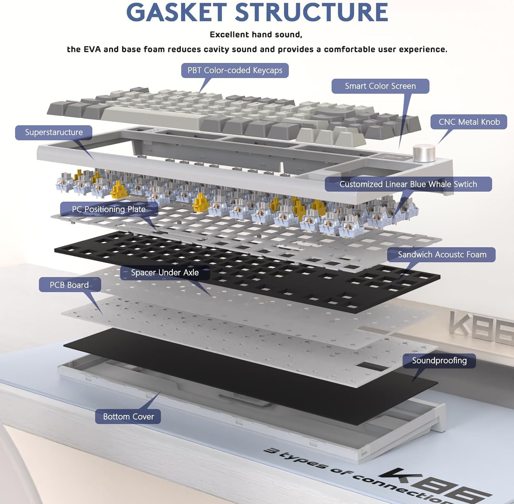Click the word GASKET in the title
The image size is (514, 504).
[175, 12]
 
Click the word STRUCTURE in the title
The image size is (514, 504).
[311, 12]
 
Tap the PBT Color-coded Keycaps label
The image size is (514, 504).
[235, 70]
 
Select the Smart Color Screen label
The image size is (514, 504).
[380, 86]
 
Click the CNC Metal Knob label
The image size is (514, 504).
[469, 122]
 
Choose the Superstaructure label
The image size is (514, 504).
[54, 133]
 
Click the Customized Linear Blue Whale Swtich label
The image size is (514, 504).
[408, 184]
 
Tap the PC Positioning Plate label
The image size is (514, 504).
[109, 209]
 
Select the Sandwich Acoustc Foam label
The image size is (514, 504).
[442, 255]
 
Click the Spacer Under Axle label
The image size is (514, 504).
[165, 273]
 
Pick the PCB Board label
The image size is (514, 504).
[70, 285]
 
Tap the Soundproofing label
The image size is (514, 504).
[439, 361]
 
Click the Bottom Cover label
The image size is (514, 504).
[128, 417]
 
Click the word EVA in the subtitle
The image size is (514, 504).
[92, 49]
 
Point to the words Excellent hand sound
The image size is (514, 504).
[256, 35]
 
